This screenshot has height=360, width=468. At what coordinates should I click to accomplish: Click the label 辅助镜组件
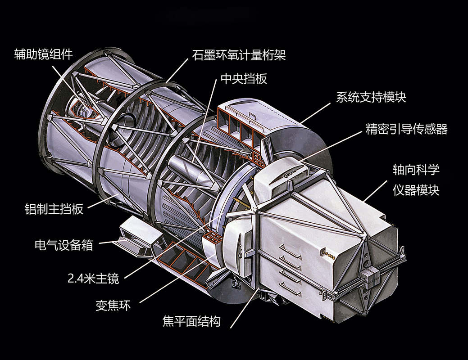click(x=43, y=55)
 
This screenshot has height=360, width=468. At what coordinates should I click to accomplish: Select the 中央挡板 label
click(x=244, y=79)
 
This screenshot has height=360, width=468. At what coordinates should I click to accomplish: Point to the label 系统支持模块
click(x=371, y=97)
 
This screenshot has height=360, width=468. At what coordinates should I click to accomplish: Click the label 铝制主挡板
click(x=54, y=209)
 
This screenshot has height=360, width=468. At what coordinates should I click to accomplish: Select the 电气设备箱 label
click(x=64, y=245)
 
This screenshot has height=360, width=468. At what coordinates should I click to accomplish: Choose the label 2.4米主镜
click(x=93, y=279)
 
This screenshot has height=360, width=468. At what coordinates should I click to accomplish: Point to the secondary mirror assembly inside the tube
click(x=83, y=108)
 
